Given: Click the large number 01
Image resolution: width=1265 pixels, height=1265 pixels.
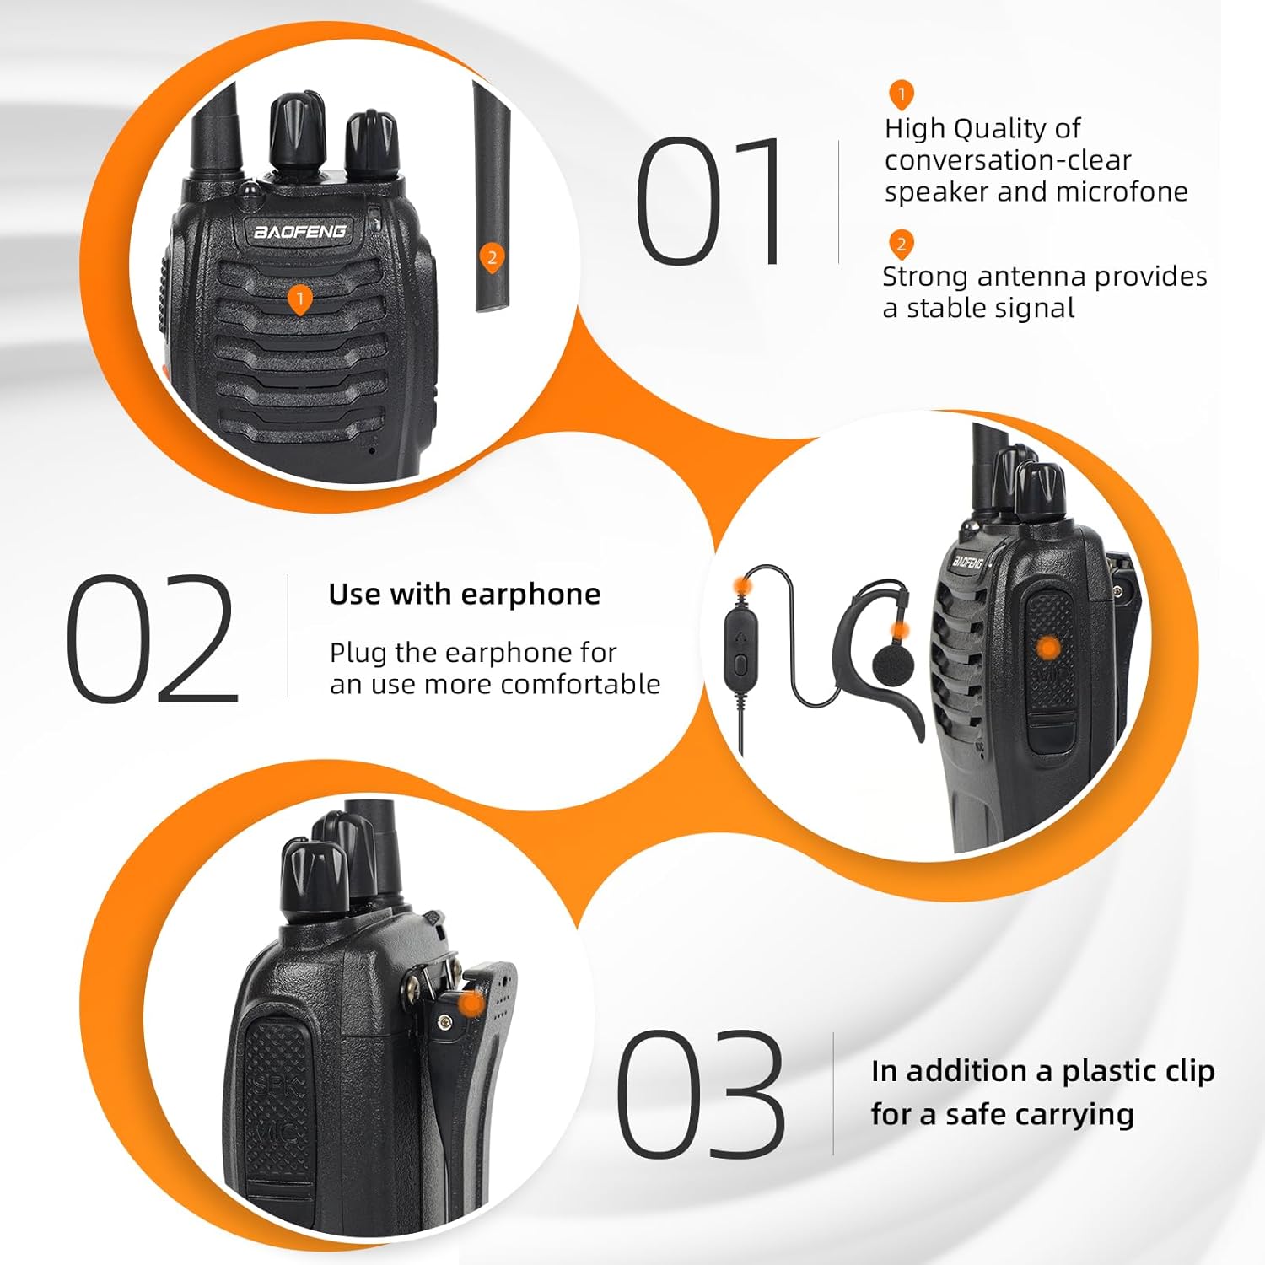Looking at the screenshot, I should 708,201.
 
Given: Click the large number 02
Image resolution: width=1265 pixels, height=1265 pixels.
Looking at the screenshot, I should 152,639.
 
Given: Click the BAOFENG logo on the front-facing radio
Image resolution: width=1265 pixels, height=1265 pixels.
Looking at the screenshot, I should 300,230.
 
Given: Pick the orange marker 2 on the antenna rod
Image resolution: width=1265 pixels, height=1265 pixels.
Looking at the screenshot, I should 492,258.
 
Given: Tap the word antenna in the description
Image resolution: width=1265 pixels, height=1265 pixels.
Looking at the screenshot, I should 1030,277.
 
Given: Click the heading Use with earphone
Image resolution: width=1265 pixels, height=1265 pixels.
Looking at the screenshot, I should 465,595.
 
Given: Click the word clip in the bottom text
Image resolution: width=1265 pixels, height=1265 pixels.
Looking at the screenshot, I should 1190,1071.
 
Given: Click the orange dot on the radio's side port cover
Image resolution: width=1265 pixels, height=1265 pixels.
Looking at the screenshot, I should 1048,648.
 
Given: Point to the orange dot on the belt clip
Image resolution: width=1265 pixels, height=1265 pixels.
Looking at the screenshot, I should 472,1004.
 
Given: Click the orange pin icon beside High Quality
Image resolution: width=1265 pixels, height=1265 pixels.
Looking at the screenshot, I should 901,95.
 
